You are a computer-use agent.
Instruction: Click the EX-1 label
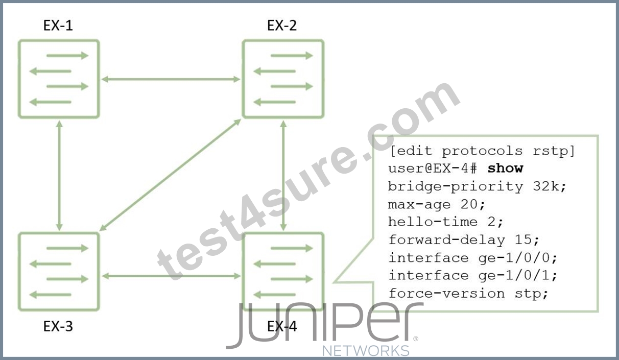(x=58, y=26)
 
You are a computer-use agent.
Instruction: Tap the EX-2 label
(x=282, y=26)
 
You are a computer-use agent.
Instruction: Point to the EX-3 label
(x=58, y=326)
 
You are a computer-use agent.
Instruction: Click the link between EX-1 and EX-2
(x=171, y=79)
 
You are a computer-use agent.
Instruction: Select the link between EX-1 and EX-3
(x=59, y=176)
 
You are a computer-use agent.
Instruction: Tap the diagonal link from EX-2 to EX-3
(x=170, y=175)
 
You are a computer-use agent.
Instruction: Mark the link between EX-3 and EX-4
(x=171, y=276)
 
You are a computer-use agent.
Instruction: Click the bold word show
(x=506, y=169)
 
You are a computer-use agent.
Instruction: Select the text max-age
(x=419, y=205)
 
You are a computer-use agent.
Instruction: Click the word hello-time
(x=433, y=222)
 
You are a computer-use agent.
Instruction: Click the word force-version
(x=446, y=294)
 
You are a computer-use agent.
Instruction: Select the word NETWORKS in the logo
(x=366, y=351)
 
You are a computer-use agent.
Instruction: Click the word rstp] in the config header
(x=554, y=151)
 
